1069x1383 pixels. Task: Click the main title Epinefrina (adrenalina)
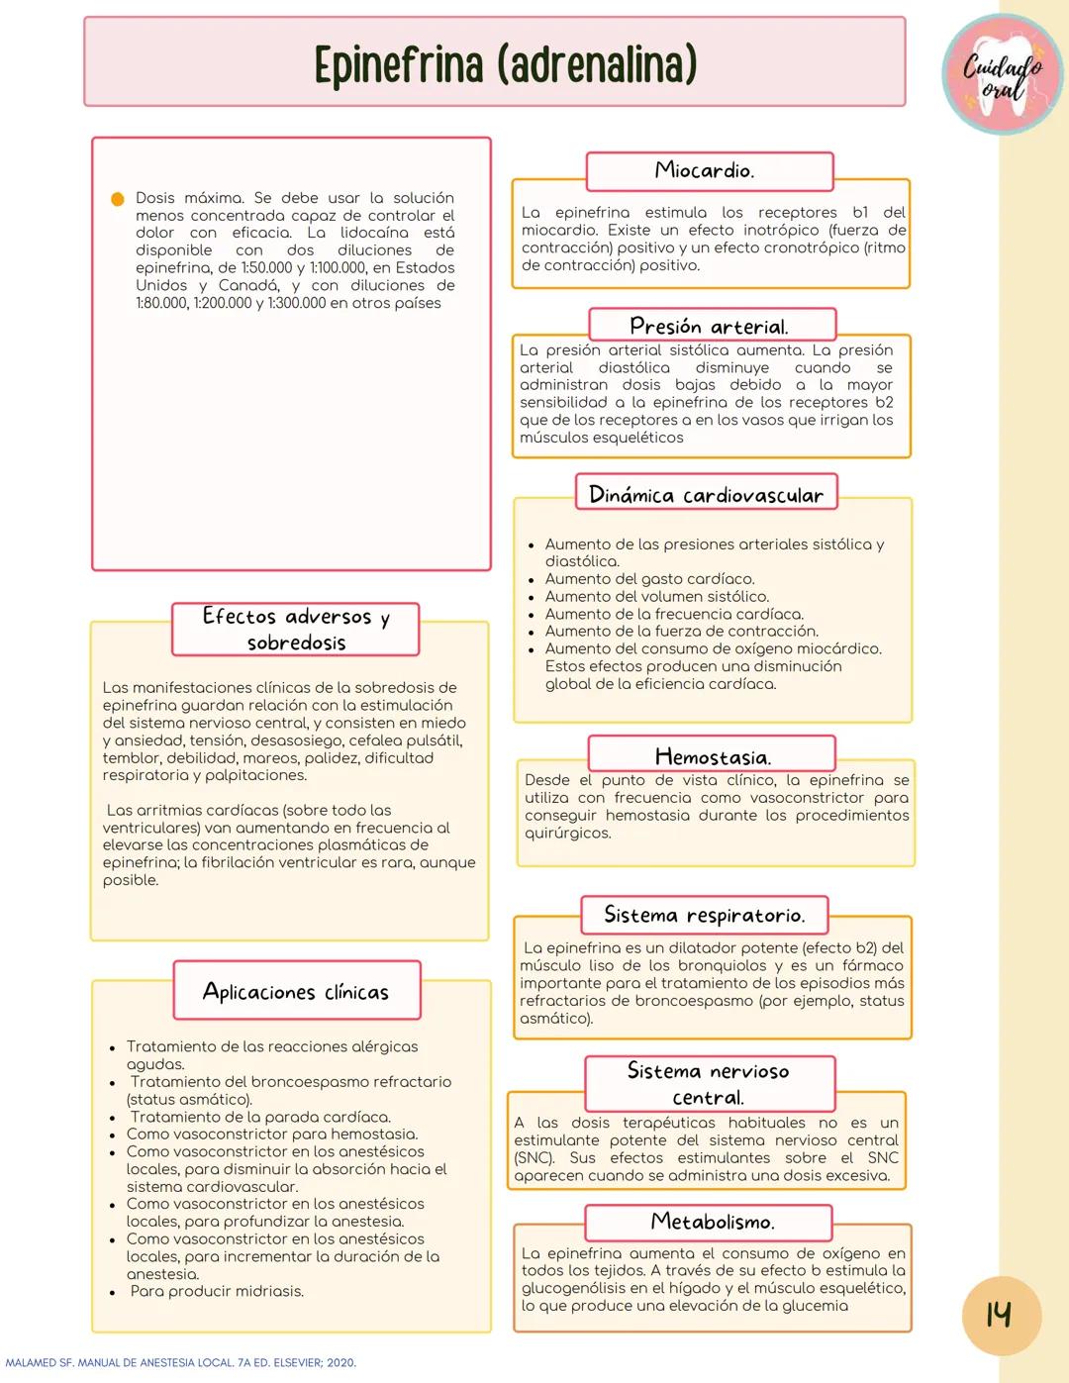tap(505, 64)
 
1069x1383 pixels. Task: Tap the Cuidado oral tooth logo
tap(1002, 75)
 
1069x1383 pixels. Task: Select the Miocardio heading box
tap(709, 171)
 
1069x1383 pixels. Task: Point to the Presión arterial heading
tap(711, 326)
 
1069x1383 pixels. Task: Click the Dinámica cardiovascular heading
tap(706, 494)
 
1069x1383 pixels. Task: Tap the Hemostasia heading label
tap(712, 756)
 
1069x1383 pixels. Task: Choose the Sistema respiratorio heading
tap(704, 915)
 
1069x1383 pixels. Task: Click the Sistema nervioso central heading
tap(709, 1084)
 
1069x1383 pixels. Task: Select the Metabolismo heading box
tap(712, 1222)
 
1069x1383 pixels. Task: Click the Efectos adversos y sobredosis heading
tap(295, 630)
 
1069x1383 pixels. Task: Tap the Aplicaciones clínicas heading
tap(296, 991)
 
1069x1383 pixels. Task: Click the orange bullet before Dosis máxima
tap(117, 199)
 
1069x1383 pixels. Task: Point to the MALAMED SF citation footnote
tap(180, 1363)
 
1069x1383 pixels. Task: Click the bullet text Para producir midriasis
tap(217, 1291)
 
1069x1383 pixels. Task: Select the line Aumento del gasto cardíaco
tap(649, 579)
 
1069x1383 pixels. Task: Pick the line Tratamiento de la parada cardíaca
tap(260, 1117)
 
